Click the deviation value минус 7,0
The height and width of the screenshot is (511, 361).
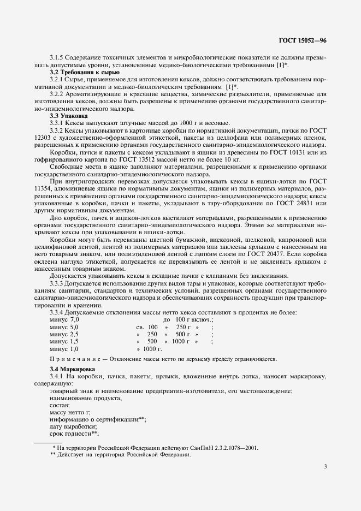(x=64, y=319)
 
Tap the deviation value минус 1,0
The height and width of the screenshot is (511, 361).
(x=64, y=348)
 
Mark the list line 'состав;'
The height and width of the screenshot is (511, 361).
(x=60, y=405)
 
